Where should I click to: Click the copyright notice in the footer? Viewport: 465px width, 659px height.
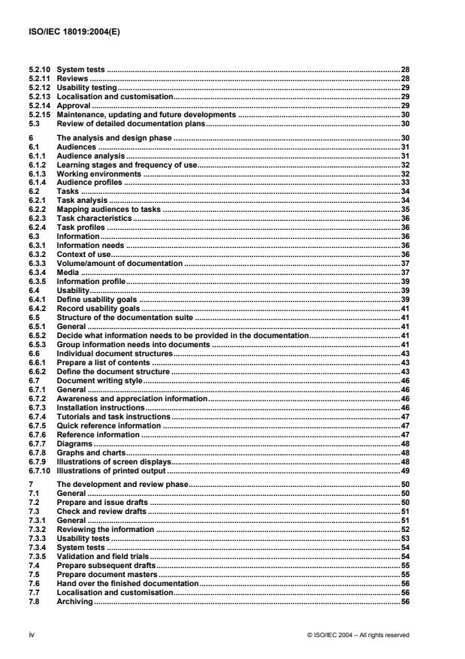358,634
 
